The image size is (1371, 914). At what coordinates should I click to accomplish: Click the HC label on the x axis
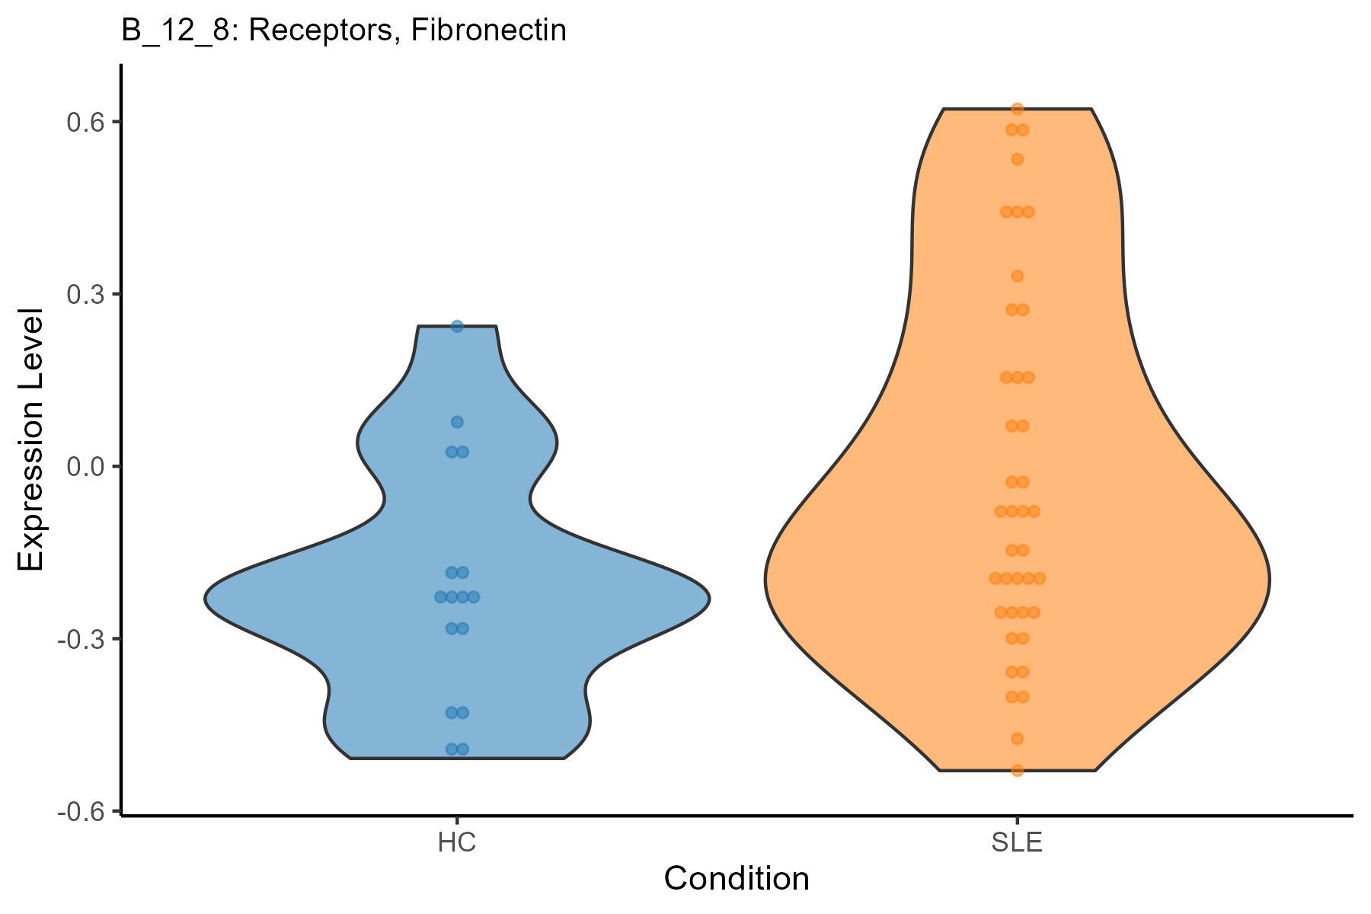[457, 844]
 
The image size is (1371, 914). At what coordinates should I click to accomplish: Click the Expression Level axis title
[32, 440]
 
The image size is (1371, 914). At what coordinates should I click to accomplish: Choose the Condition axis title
[737, 880]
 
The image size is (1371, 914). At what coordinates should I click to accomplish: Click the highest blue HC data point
[457, 327]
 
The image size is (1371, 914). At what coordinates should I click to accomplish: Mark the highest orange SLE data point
[1017, 110]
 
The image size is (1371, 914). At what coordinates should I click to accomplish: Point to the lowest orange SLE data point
[1017, 770]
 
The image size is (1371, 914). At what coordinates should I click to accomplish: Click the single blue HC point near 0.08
[457, 422]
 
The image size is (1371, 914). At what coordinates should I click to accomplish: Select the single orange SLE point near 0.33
[1017, 276]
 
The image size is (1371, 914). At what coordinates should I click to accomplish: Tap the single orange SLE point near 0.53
[1017, 159]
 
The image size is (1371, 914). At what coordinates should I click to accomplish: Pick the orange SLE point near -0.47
[1017, 739]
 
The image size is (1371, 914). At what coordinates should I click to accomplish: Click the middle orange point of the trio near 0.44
[1017, 212]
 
